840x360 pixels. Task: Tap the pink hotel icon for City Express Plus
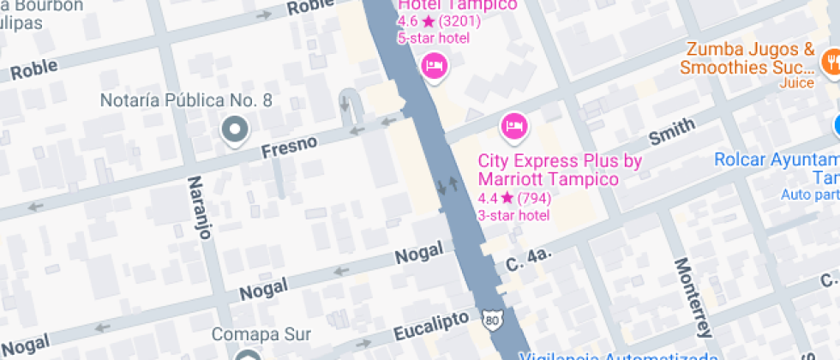(513, 127)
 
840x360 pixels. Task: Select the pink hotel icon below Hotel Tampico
(435, 65)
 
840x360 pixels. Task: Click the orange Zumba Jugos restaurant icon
(830, 60)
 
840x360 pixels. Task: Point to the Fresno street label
(289, 147)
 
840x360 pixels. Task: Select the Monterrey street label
(693, 297)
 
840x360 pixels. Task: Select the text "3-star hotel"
(513, 215)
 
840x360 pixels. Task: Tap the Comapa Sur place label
(261, 334)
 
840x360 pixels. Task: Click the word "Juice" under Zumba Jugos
(796, 83)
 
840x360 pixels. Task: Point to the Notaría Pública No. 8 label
(186, 101)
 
